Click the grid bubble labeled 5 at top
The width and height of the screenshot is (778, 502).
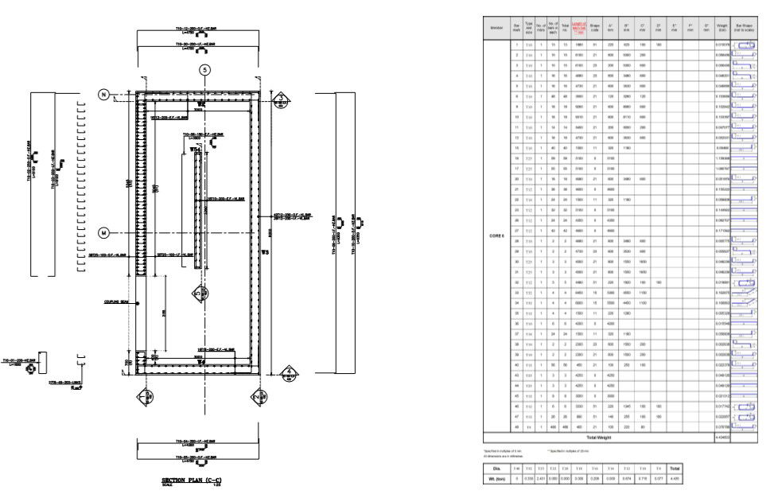click(205, 70)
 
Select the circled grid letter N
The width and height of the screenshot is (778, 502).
click(103, 94)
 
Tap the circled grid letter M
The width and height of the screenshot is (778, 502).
click(103, 232)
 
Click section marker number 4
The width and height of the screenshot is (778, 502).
click(289, 371)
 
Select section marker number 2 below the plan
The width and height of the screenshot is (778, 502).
click(258, 396)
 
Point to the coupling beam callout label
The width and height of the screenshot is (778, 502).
click(116, 302)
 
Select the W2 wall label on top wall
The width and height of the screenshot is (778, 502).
click(202, 104)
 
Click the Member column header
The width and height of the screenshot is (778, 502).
click(497, 27)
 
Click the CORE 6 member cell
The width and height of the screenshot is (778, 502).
click(497, 235)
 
